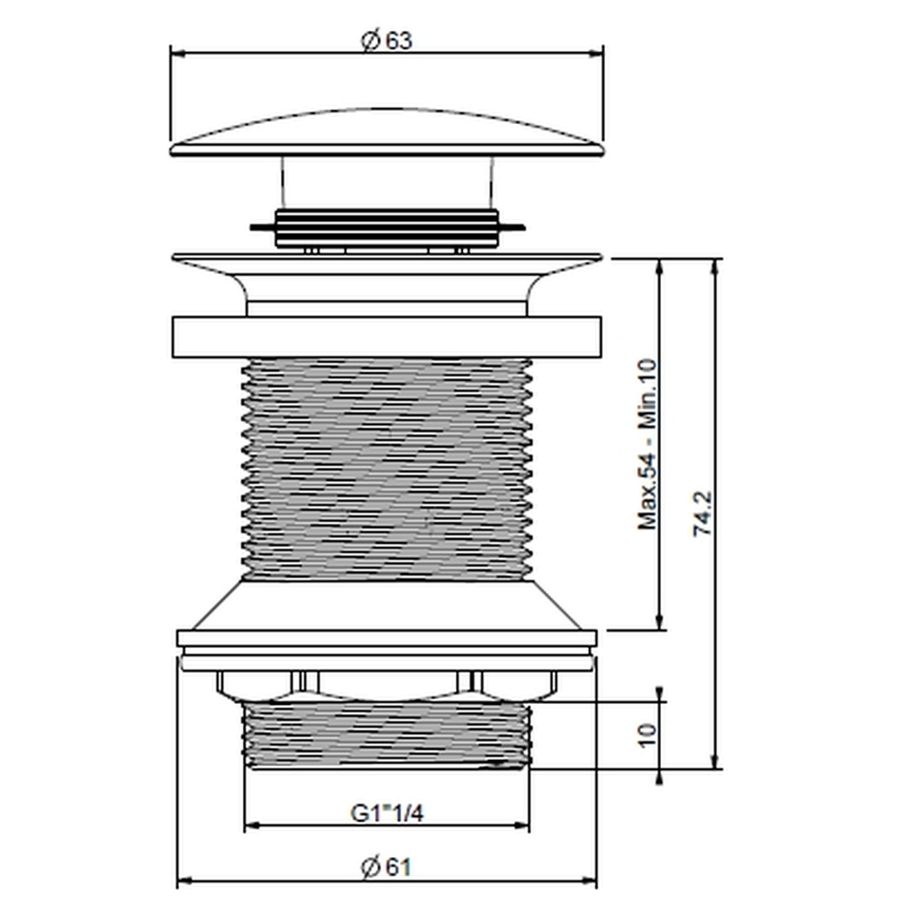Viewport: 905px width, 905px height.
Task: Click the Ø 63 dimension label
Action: pyautogui.click(x=386, y=41)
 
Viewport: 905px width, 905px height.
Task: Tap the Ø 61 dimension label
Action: pyautogui.click(x=386, y=867)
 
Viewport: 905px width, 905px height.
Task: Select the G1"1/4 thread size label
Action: pyautogui.click(x=387, y=813)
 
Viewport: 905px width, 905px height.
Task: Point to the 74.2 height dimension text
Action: pyautogui.click(x=702, y=514)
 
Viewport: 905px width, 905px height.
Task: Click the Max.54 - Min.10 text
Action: pyautogui.click(x=648, y=444)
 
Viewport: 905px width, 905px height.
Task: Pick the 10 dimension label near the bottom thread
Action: pyautogui.click(x=648, y=735)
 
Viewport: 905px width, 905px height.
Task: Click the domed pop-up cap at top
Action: pyautogui.click(x=386, y=133)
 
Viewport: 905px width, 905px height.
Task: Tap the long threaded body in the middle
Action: pyautogui.click(x=386, y=468)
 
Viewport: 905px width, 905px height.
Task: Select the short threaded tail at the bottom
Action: pyautogui.click(x=386, y=734)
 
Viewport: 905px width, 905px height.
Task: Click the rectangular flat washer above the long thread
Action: pyautogui.click(x=386, y=337)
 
